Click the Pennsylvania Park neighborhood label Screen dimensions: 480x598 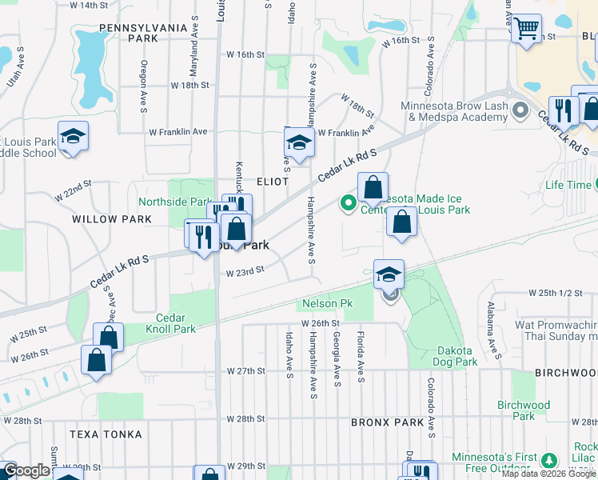pos(129,32)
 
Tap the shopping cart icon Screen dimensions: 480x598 pos(526,29)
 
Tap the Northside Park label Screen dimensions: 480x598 pos(175,202)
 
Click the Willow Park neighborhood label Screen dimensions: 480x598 pos(112,218)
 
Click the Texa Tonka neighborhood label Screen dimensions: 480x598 pos(106,434)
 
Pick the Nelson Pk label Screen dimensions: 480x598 pos(327,304)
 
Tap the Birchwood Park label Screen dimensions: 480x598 pos(524,410)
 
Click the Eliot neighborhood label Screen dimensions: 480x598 pos(272,182)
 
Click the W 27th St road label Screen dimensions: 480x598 pos(245,371)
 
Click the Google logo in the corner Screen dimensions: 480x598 pos(26,471)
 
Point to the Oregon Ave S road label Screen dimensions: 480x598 pos(144,78)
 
